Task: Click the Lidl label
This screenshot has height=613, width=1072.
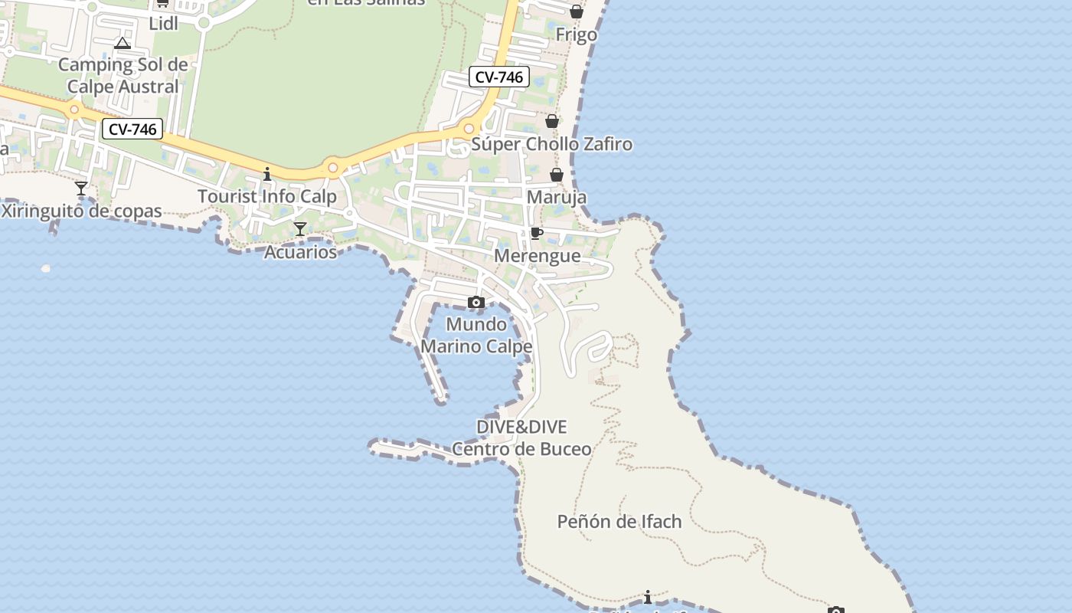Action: coord(163,23)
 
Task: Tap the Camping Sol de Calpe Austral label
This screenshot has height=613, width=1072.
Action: coord(123,75)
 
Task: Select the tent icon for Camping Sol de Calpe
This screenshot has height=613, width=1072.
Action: coord(123,43)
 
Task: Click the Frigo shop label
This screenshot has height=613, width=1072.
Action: coord(576,34)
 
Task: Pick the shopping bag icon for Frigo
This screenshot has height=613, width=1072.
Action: coord(576,11)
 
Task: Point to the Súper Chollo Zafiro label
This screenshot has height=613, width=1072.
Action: coord(551,144)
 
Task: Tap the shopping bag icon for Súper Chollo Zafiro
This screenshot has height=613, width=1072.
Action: coord(551,121)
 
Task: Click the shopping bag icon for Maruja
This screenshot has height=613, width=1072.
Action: coord(557,175)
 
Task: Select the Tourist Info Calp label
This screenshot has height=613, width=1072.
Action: coord(267,196)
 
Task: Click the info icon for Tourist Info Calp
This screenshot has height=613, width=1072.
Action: coord(267,174)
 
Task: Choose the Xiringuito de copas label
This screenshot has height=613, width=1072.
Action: coord(81,211)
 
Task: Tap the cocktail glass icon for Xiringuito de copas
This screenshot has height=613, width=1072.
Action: coord(81,188)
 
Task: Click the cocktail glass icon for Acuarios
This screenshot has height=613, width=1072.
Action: coord(300,229)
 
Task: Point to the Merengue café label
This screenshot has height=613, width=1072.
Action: coord(537,255)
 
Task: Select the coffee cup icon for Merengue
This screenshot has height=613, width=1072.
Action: coord(537,233)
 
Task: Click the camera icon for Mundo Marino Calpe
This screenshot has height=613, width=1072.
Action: coord(476,302)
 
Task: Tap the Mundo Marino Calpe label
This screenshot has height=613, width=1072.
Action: coord(476,335)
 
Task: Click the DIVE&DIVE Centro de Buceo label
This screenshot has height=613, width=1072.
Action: coord(521,438)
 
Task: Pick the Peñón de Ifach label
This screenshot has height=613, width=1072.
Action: coord(619,522)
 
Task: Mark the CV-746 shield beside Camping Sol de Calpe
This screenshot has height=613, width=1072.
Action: coord(132,129)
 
